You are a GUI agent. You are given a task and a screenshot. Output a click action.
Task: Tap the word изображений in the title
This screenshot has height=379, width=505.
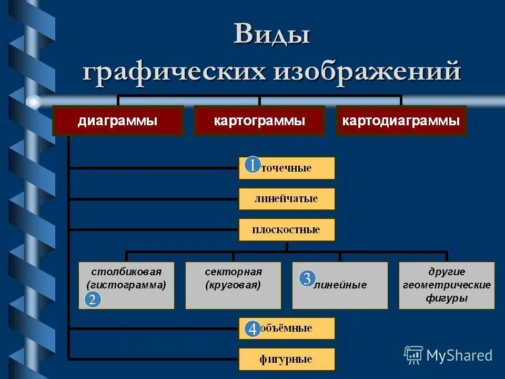tap(366, 71)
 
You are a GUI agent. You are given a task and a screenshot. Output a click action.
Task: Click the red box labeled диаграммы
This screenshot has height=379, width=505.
tap(117, 121)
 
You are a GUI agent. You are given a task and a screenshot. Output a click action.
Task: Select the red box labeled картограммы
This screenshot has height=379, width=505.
tap(259, 121)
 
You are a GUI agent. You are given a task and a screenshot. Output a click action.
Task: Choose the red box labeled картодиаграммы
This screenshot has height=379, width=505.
tap(401, 121)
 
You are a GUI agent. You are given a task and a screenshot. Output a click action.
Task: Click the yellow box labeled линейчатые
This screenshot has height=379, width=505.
tap(287, 199)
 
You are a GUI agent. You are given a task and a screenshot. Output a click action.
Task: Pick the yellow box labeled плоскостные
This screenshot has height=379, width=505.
tap(287, 230)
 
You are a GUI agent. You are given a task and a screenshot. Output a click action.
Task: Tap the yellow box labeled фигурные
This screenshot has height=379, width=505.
tap(287, 360)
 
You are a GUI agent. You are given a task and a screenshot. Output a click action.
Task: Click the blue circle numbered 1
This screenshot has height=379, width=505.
tap(252, 165)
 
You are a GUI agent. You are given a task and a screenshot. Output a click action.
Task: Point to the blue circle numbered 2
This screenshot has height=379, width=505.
tap(93, 300)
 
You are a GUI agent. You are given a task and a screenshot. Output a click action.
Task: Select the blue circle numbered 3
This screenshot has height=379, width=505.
tap(308, 278)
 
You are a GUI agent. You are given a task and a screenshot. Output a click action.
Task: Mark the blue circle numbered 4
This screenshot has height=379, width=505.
tap(252, 330)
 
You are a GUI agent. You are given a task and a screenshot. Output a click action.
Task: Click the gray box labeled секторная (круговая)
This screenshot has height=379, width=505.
tap(233, 285)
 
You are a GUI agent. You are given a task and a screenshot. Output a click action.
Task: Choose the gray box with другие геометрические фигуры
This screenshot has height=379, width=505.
tap(447, 285)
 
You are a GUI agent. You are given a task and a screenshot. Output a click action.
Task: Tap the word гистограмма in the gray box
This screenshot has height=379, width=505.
tap(126, 285)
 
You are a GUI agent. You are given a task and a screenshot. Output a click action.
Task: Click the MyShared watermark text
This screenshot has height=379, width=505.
tap(459, 355)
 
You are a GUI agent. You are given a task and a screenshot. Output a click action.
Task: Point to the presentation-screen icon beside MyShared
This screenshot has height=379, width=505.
tap(413, 355)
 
